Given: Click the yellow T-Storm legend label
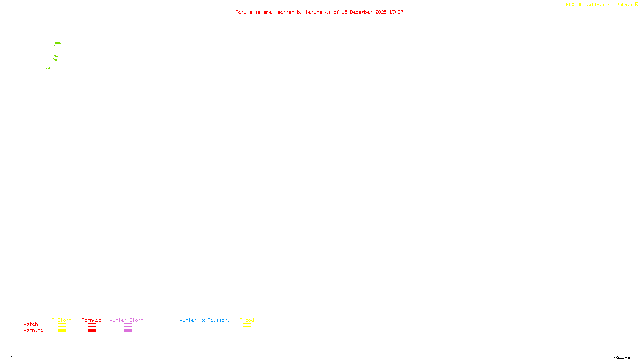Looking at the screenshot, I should [x=62, y=320].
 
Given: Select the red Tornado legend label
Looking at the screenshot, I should [x=92, y=320].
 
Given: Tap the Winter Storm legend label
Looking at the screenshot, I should [x=126, y=320].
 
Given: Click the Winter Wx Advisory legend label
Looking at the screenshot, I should [x=205, y=320].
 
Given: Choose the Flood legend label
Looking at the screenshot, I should [x=247, y=320].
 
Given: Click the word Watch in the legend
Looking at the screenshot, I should [x=31, y=324].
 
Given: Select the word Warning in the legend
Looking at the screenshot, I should [x=33, y=330].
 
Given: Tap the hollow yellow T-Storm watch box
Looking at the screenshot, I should [x=62, y=325].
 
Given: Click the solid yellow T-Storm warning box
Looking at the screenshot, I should [x=62, y=331].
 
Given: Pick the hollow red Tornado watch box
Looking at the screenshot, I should [x=92, y=325].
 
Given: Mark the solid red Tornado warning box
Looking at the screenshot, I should [x=92, y=331].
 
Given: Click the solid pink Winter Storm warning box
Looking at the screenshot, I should [x=128, y=331].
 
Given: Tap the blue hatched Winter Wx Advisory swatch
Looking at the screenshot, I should [x=204, y=331].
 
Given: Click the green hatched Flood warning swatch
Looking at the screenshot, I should [x=247, y=331].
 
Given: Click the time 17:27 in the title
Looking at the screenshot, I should [x=396, y=12].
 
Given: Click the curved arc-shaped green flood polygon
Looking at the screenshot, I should [x=57, y=43].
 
